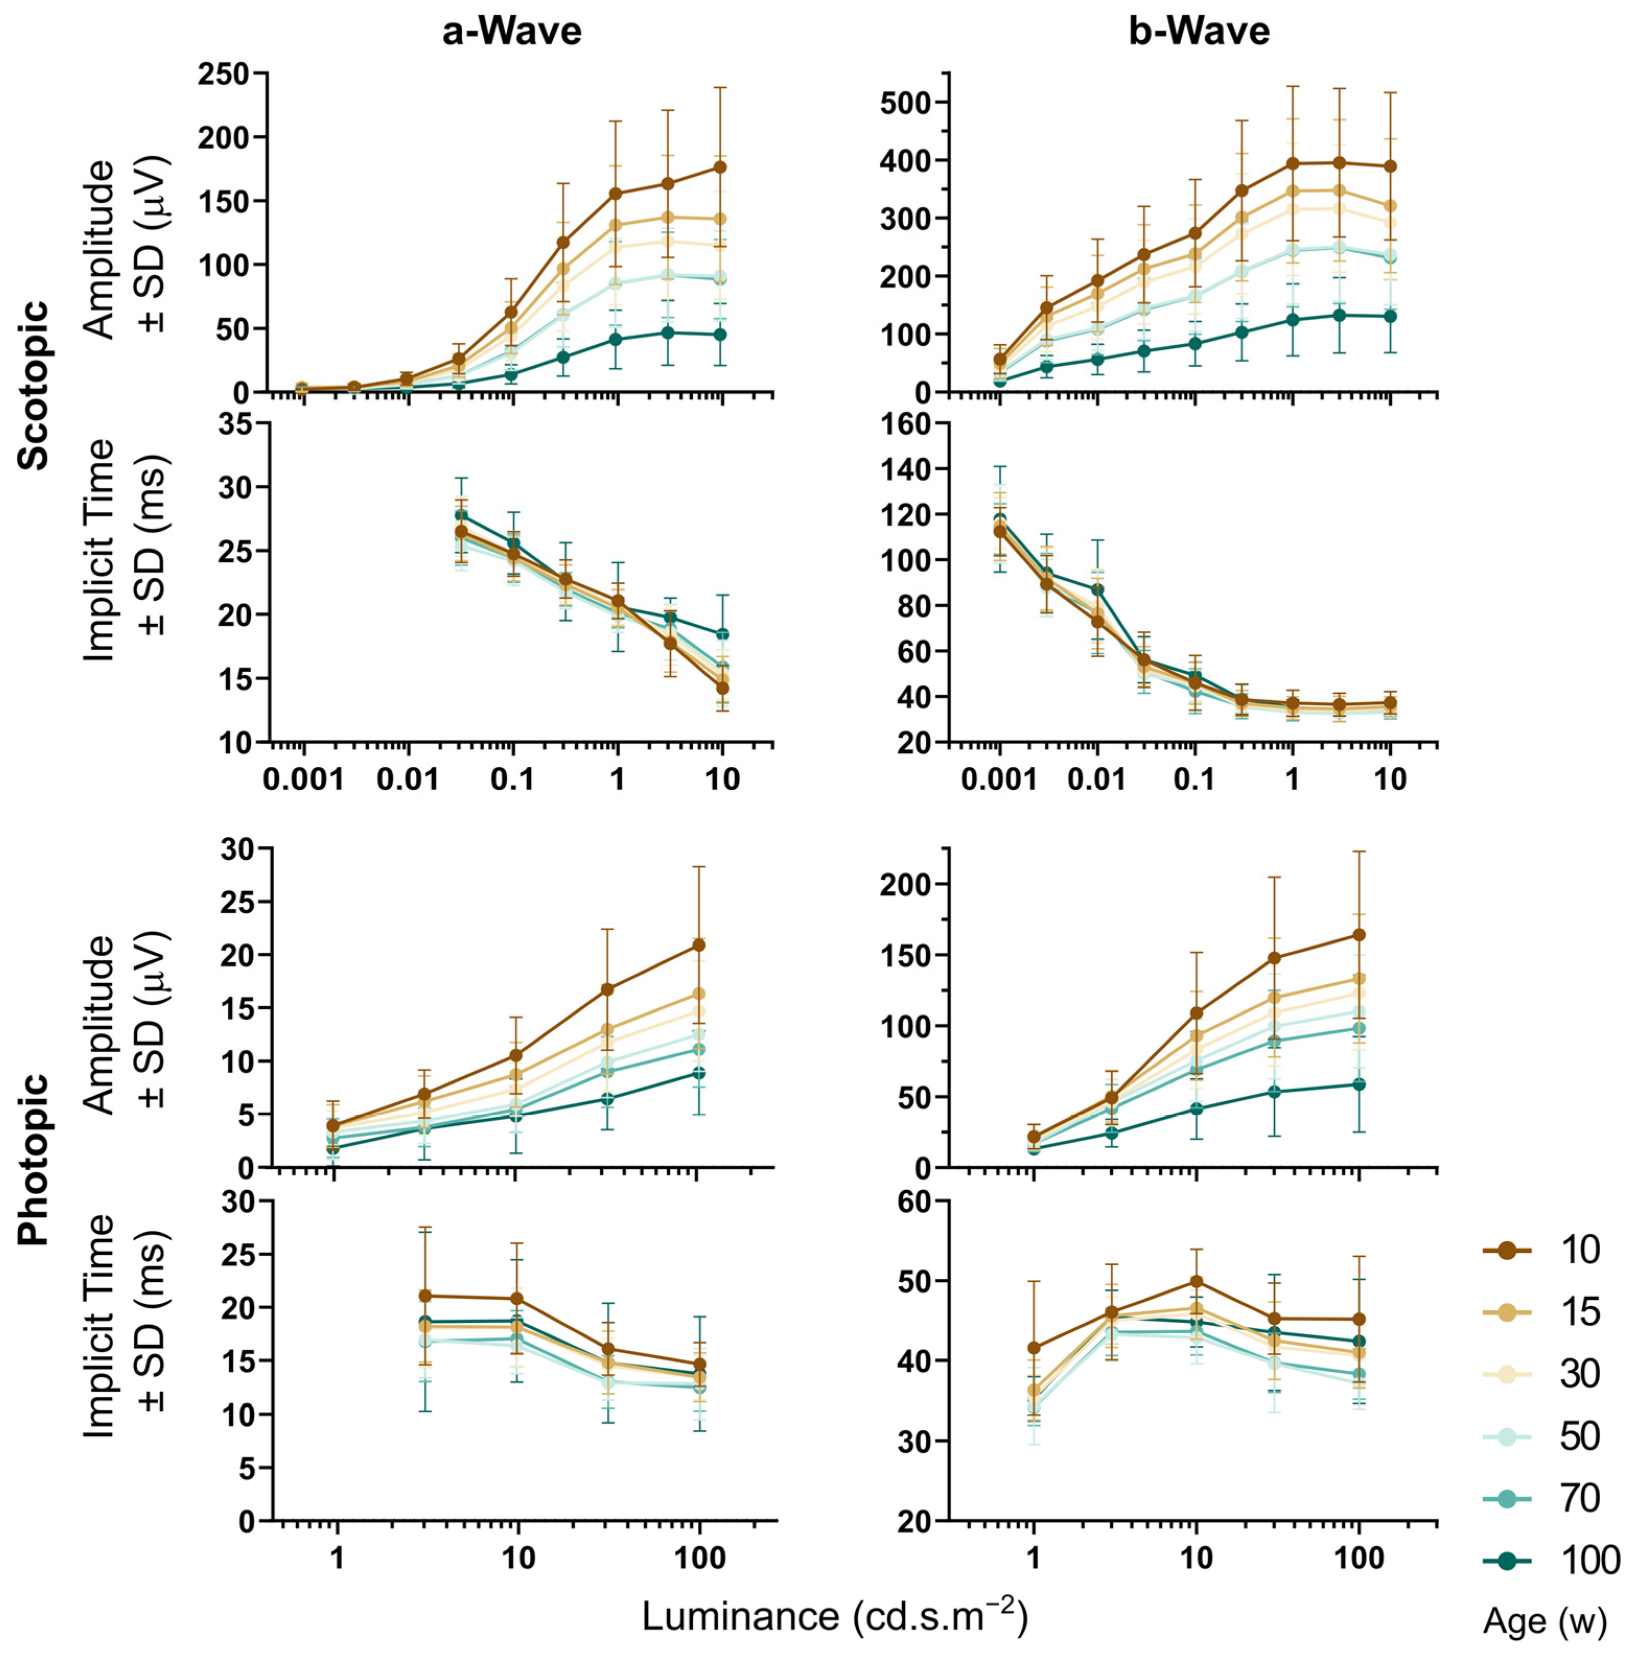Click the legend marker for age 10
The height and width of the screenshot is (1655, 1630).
(1508, 1251)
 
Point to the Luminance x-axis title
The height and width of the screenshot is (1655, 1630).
(835, 1616)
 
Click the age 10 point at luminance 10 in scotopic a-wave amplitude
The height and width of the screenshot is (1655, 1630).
(721, 167)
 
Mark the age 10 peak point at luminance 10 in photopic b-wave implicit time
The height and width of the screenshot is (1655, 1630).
(1196, 1281)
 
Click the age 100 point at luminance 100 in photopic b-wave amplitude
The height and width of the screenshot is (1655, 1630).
(1359, 1084)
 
